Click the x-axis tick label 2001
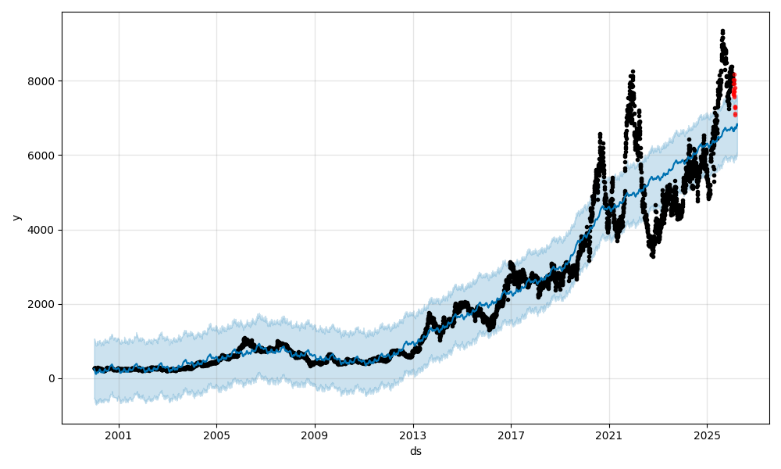click(119, 435)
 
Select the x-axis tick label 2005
click(216, 435)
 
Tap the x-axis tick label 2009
click(315, 435)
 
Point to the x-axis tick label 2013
click(413, 435)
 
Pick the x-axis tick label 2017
click(511, 435)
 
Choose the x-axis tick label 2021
click(609, 435)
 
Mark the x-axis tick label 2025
click(707, 435)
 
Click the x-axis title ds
click(415, 451)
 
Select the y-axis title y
click(15, 217)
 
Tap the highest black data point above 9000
click(722, 31)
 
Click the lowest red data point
click(735, 115)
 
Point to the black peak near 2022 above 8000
click(633, 72)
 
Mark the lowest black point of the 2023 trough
click(653, 256)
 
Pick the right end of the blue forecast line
click(736, 124)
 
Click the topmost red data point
click(733, 74)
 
